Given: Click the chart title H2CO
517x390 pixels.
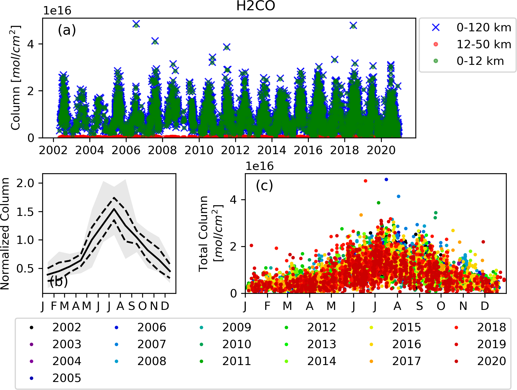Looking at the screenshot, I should click(255, 6).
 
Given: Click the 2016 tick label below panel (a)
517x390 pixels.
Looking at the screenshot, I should click(308, 151).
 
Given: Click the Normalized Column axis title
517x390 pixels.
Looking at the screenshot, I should click(5, 234).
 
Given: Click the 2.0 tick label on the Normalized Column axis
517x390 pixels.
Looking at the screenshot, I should click(26, 183).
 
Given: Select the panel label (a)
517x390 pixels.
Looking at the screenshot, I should click(67, 30).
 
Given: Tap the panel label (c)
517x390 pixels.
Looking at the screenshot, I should click(264, 185).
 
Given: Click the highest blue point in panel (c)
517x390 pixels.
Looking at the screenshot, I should click(386, 180).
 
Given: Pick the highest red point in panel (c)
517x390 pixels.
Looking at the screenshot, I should click(365, 181).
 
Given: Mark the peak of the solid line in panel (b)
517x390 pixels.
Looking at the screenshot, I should click(114, 209).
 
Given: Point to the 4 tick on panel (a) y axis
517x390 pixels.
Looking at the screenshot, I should click(31, 44).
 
